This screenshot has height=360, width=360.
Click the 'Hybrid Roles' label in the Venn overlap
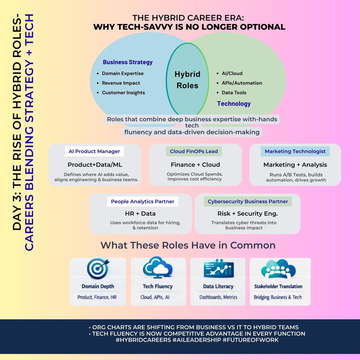click(x=187, y=80)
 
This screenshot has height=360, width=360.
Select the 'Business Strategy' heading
click(x=127, y=62)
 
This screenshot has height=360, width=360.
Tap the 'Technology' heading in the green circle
click(x=234, y=103)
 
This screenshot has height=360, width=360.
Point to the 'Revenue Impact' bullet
click(x=121, y=83)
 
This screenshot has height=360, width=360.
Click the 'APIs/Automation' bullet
click(x=242, y=83)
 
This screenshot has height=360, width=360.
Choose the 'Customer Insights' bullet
click(x=123, y=93)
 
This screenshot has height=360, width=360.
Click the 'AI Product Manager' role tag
click(x=94, y=151)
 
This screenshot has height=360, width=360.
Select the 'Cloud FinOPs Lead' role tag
click(x=194, y=151)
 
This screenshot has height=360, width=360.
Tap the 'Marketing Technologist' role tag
click(x=295, y=151)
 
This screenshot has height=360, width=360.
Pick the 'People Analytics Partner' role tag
click(x=142, y=202)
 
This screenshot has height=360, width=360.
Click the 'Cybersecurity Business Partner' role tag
click(x=248, y=202)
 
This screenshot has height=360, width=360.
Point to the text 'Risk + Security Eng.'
click(x=247, y=214)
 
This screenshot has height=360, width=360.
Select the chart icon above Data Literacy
click(x=218, y=269)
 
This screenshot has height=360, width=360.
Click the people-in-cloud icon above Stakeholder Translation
click(x=278, y=269)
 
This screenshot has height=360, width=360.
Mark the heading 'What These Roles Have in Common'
click(x=188, y=245)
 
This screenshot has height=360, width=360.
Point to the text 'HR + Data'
click(x=140, y=214)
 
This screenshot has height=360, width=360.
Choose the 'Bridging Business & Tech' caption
click(x=278, y=297)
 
